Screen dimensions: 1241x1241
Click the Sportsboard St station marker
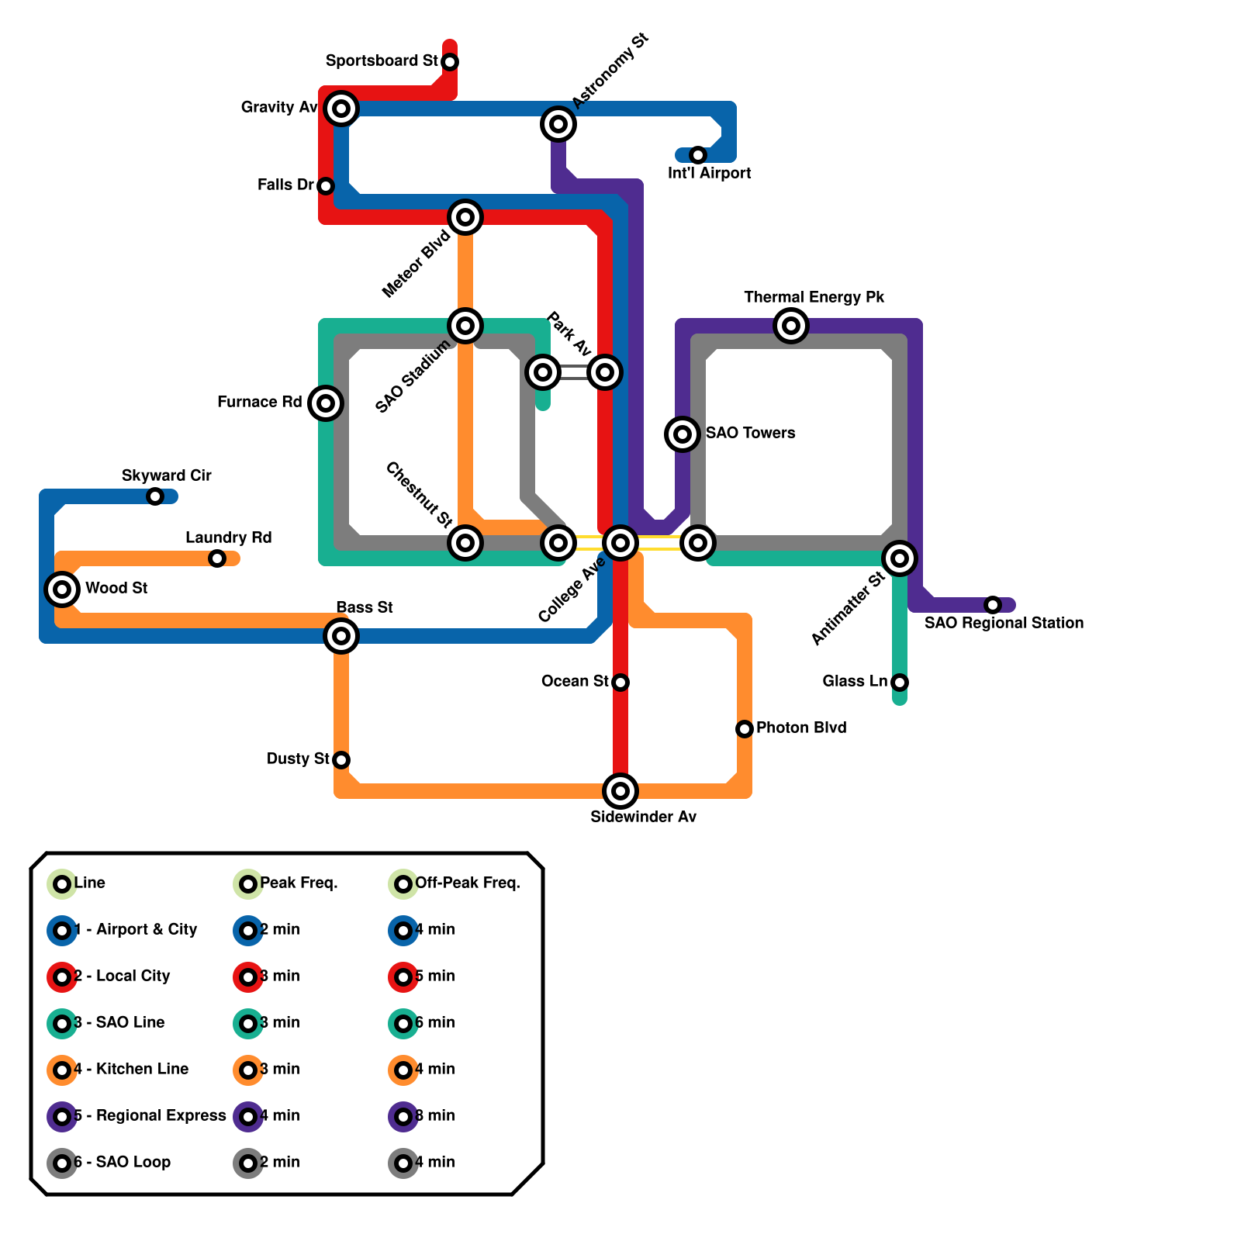450,61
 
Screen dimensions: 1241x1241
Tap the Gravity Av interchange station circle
341,109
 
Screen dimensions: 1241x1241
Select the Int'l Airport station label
709,173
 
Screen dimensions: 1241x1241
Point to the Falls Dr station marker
326,186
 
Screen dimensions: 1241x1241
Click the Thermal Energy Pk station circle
791,326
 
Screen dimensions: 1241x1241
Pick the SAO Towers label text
750,433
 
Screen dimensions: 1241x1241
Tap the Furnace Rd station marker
326,403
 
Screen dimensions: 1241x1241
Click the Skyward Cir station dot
155,496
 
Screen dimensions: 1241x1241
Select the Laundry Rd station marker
217,558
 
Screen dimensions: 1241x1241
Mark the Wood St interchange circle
62,589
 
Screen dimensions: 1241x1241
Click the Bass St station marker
341,636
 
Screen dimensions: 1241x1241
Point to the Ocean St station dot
620,683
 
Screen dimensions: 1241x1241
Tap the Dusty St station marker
341,760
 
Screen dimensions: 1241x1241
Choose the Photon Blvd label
800,728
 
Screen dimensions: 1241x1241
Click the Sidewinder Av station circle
620,791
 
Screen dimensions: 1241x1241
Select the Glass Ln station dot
900,683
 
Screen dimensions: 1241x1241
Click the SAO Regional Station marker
993,605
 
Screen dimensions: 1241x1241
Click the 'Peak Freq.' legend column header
299,883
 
